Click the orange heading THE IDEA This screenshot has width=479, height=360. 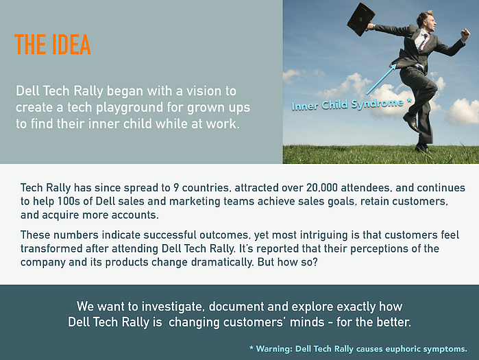coord(53,45)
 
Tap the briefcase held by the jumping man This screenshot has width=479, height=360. coord(361,19)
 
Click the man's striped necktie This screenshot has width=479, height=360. coord(423,42)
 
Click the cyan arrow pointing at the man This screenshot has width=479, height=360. coord(381,79)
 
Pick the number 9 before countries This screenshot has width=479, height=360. coord(176,187)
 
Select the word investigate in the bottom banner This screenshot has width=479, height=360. coord(173,307)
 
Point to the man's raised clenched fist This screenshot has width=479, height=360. coord(465,33)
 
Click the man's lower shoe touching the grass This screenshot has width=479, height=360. coord(422,148)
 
